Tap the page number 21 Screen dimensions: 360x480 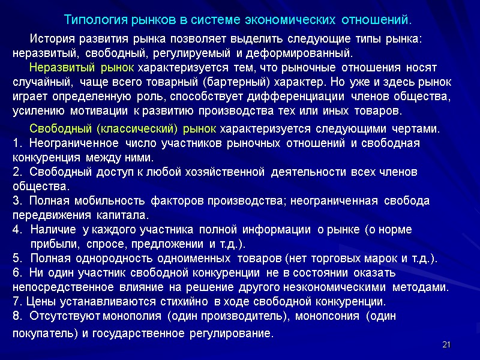[445, 344]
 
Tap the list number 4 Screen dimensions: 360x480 [16, 230]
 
